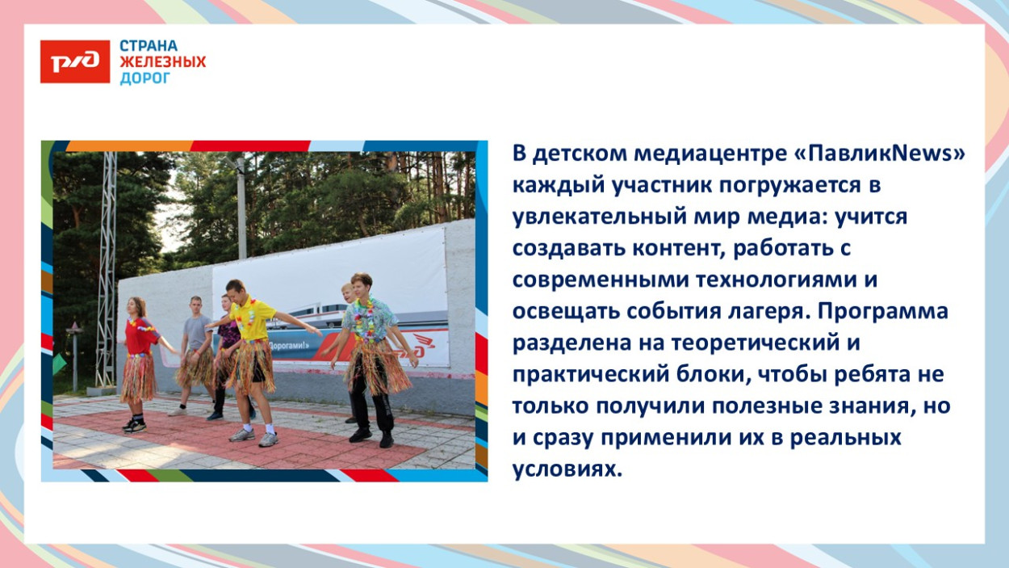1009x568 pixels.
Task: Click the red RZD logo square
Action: click(75, 62)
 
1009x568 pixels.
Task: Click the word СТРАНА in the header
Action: click(149, 46)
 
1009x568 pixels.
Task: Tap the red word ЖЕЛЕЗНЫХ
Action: click(163, 62)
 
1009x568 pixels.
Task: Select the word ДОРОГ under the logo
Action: click(145, 78)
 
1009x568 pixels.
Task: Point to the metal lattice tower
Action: click(106, 267)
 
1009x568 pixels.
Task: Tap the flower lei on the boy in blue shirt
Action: click(364, 317)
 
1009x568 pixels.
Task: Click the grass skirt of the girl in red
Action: click(138, 377)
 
